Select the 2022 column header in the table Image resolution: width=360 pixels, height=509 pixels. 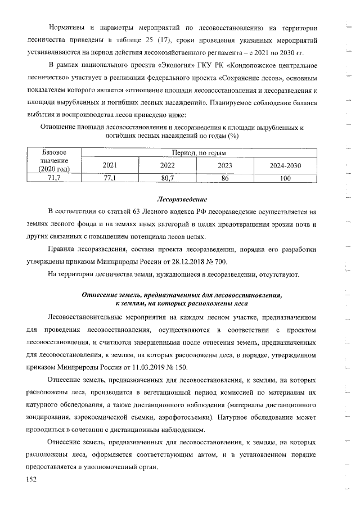pyautogui.click(x=168, y=165)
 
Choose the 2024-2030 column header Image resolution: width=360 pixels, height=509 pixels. pyautogui.click(x=285, y=165)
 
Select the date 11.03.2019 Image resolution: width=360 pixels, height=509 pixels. pyautogui.click(x=142, y=367)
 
